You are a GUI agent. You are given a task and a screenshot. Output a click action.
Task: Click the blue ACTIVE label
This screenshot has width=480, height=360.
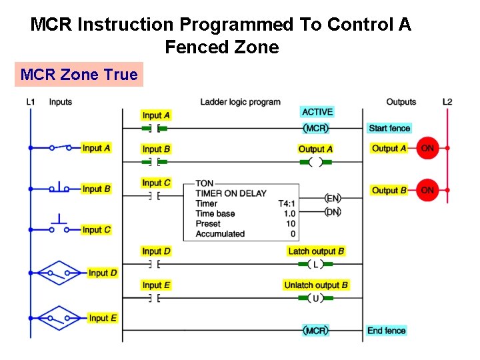tap(317, 112)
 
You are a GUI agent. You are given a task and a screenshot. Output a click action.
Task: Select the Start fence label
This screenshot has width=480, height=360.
tap(389, 128)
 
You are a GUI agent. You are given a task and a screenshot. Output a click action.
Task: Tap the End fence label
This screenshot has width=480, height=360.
tap(386, 331)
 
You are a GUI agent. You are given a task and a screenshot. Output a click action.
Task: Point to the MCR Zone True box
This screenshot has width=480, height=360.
tap(79, 75)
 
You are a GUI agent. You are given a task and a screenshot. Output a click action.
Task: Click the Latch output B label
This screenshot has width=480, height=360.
tap(316, 251)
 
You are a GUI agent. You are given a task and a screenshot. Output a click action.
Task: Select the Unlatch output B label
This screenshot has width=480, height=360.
tap(316, 285)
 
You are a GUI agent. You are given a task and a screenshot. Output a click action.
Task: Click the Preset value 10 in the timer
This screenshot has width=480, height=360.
tap(290, 224)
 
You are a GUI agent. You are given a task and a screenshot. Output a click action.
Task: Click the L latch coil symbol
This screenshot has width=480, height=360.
tap(315, 264)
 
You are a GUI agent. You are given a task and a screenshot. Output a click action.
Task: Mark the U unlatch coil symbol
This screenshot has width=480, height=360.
tap(315, 298)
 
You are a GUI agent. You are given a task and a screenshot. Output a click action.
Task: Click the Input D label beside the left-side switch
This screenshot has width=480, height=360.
tap(103, 273)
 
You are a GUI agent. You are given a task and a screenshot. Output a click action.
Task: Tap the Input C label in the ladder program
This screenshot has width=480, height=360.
tap(156, 183)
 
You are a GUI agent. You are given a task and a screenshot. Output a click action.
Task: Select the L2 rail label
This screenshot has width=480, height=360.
tap(447, 102)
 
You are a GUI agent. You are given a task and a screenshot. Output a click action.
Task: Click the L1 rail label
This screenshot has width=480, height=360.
tap(31, 102)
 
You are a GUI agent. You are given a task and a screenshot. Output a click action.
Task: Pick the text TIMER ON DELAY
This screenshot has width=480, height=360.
tap(231, 193)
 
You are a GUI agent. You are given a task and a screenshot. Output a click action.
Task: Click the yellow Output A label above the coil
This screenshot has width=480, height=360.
tap(315, 149)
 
